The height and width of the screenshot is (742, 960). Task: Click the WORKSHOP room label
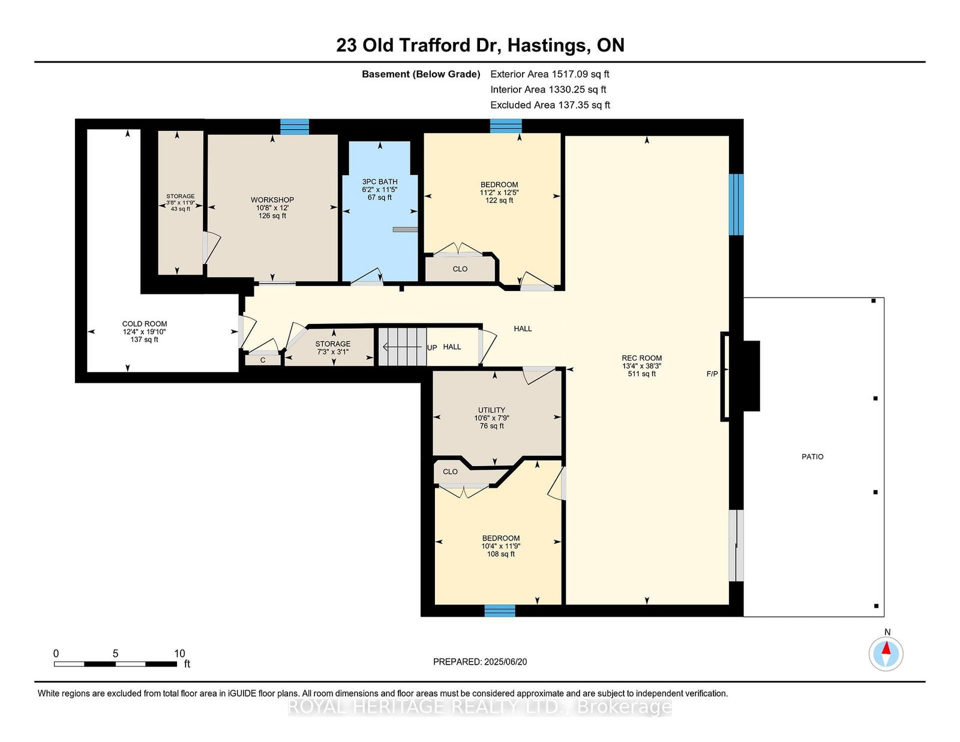click(x=272, y=200)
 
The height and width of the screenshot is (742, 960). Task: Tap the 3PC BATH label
click(x=379, y=182)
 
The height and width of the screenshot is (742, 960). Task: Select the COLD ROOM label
click(x=145, y=324)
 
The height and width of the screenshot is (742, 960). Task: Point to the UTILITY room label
click(x=491, y=410)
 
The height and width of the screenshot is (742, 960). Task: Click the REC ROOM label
click(x=641, y=358)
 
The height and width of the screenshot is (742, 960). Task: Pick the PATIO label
click(x=812, y=456)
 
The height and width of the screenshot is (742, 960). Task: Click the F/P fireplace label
click(x=712, y=374)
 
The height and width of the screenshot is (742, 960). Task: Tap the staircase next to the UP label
click(x=401, y=347)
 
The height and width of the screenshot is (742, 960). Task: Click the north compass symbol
click(x=886, y=654)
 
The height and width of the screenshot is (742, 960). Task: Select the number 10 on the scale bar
click(x=179, y=654)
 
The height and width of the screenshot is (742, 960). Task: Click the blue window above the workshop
click(x=295, y=127)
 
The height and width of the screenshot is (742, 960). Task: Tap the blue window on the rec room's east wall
click(x=736, y=205)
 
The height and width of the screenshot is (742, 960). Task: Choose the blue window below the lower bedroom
click(x=500, y=611)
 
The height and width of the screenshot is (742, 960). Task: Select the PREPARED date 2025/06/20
click(x=505, y=662)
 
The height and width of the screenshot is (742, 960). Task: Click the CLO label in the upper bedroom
click(x=460, y=269)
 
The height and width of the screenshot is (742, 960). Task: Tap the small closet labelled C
click(x=263, y=360)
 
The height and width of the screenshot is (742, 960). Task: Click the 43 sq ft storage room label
click(x=180, y=209)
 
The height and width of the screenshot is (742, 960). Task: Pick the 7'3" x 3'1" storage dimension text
click(x=332, y=352)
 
